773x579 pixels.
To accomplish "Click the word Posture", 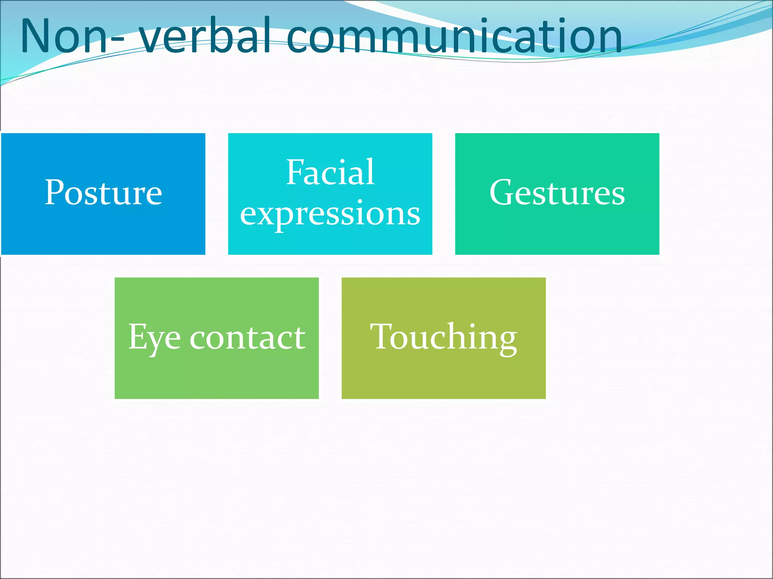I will point(103,193).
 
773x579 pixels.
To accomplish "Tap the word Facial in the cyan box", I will point(330,173).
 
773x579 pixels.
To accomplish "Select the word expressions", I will point(330,213).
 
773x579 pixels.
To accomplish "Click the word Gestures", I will point(557,193).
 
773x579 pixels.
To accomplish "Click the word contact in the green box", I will point(248,337).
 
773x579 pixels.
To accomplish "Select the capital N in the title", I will point(36,36).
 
